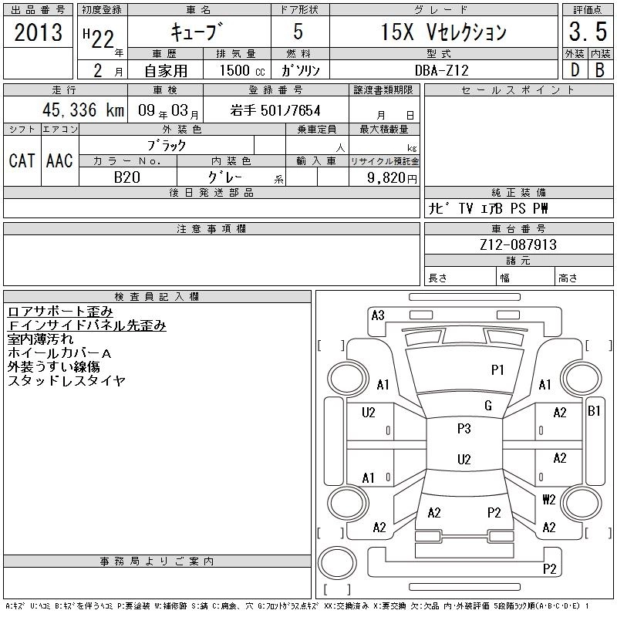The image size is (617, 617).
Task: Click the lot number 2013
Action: [x=38, y=32]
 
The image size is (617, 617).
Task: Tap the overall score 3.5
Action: [x=588, y=32]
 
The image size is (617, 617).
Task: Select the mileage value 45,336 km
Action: [x=83, y=110]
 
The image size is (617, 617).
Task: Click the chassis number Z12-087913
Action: [x=518, y=244]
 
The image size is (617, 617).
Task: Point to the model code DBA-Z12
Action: [x=442, y=70]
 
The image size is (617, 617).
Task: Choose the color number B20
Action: [x=126, y=177]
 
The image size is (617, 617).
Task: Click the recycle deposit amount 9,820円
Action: [x=392, y=178]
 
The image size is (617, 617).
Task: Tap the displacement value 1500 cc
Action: [x=242, y=70]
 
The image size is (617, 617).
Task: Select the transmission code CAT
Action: [x=22, y=160]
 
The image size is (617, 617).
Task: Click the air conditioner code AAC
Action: [x=59, y=160]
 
